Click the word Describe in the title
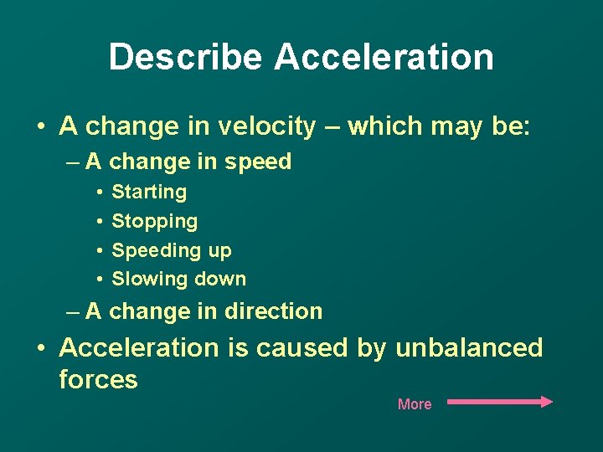click(x=185, y=57)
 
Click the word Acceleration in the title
click(x=384, y=57)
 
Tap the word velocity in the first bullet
click(x=267, y=126)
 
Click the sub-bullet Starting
click(x=149, y=193)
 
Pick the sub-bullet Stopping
click(x=154, y=222)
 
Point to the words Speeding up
click(x=171, y=250)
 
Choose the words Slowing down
click(x=178, y=279)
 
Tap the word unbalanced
click(x=469, y=347)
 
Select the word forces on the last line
click(x=98, y=379)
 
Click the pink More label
click(x=415, y=404)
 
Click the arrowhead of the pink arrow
click(x=547, y=402)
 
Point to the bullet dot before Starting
click(x=99, y=193)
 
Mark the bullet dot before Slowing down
click(x=99, y=279)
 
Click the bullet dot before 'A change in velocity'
click(x=40, y=127)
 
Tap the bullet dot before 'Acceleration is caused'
click(x=40, y=348)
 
